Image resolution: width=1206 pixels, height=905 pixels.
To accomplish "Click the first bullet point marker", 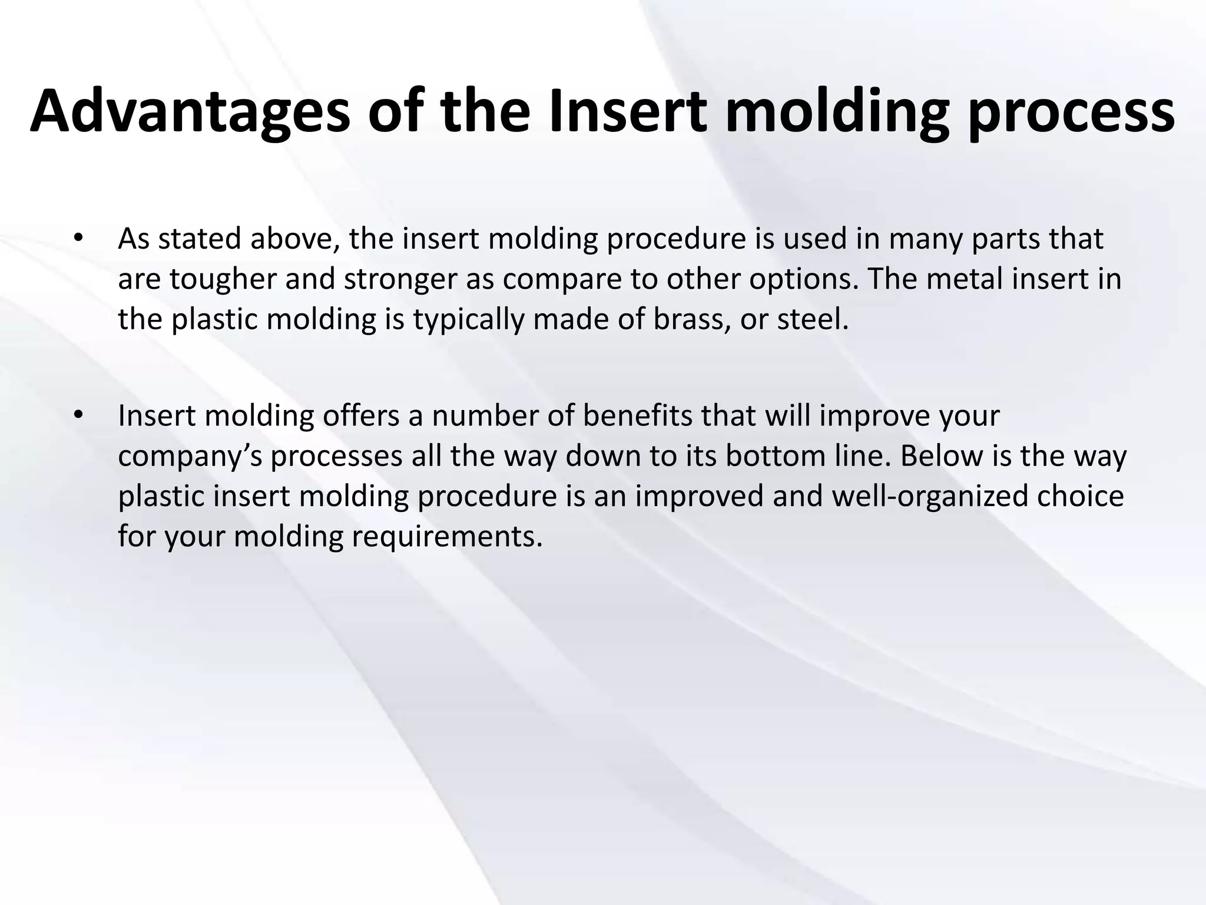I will coord(78,239).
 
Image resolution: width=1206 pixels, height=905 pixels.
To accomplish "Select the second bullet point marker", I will coord(78,416).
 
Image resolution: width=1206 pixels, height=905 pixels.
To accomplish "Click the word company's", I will coord(190,457).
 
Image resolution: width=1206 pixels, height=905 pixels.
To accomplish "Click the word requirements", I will coord(447,537).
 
